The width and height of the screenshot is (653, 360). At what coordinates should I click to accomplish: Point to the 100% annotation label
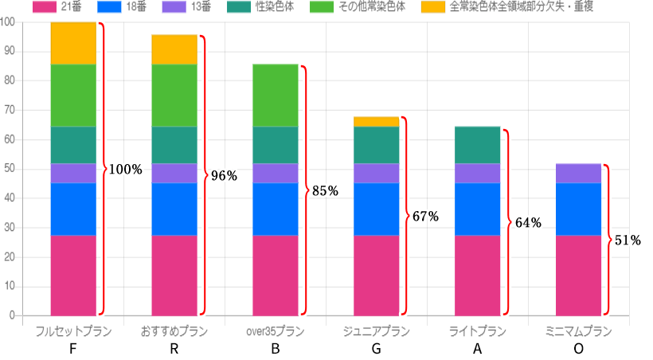click(126, 170)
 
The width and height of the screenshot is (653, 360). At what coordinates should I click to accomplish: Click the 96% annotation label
click(223, 176)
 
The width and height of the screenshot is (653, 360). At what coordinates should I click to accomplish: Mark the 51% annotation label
click(628, 240)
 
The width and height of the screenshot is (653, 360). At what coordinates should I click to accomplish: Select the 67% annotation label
click(425, 217)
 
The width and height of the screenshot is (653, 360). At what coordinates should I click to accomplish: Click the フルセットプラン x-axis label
click(73, 331)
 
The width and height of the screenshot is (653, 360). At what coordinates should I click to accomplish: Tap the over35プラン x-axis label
click(276, 331)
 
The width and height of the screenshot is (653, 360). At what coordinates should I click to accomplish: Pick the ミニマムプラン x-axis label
click(578, 331)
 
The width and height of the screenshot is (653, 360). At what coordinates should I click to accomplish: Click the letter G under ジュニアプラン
click(376, 349)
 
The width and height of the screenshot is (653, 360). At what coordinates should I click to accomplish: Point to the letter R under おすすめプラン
click(174, 349)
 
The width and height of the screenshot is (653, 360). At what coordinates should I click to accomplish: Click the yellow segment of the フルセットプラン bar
click(73, 43)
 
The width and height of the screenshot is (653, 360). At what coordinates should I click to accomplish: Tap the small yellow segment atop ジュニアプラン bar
click(376, 121)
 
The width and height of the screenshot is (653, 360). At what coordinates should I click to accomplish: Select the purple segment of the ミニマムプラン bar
click(578, 173)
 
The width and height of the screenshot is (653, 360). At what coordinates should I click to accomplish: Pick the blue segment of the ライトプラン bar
click(477, 209)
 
